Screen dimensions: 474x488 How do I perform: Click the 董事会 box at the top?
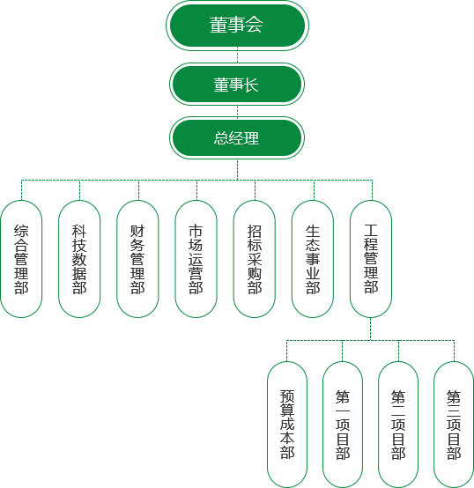click(237, 26)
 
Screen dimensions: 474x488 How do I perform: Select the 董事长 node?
click(237, 84)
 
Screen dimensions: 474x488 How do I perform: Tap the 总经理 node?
click(237, 138)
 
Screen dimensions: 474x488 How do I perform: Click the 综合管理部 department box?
click(21, 259)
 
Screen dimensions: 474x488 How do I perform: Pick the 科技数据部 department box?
click(79, 259)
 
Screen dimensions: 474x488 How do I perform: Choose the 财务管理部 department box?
click(137, 259)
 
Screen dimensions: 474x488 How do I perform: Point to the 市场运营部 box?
click(196, 259)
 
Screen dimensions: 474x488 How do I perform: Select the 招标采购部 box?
click(255, 259)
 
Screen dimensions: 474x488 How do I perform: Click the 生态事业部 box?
click(313, 259)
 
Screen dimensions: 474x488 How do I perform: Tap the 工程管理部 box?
click(371, 259)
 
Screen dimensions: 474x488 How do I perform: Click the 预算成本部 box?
click(287, 425)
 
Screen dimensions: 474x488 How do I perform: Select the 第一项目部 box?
click(343, 425)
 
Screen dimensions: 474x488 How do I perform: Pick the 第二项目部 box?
click(398, 425)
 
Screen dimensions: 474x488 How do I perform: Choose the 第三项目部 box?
click(454, 425)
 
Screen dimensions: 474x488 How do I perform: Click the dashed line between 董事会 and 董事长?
click(237, 55)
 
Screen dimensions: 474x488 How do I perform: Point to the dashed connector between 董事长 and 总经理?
click(237, 111)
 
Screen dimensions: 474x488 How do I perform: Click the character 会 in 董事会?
click(254, 25)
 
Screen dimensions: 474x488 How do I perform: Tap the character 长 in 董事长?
click(251, 85)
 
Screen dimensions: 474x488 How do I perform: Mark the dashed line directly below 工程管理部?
click(370, 329)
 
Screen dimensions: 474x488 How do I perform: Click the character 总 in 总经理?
click(221, 138)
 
